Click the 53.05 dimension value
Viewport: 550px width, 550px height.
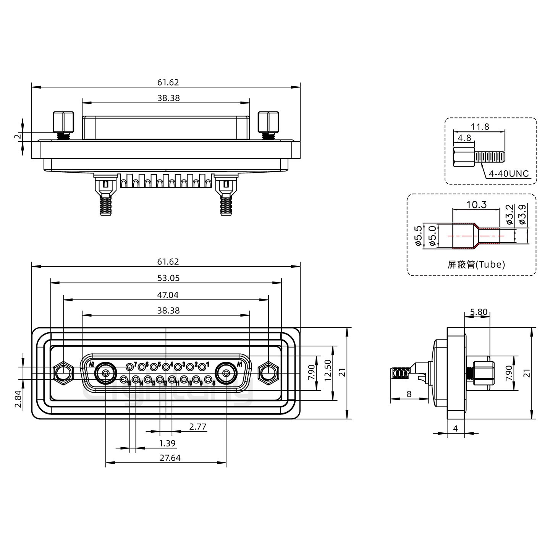[168, 278]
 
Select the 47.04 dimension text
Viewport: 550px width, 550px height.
[168, 295]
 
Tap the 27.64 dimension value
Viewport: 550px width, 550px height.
[170, 458]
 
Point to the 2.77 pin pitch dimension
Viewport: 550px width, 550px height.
[198, 427]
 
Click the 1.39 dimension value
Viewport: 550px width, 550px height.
[167, 443]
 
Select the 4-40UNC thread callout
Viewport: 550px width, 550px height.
[509, 174]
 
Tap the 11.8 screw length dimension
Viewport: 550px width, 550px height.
[480, 126]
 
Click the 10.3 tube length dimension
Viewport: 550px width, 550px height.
[476, 205]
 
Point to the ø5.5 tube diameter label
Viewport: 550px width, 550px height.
[418, 236]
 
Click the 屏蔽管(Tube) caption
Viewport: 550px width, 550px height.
[476, 264]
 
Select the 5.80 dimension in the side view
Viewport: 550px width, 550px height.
[479, 312]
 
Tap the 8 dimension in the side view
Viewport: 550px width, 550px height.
[409, 394]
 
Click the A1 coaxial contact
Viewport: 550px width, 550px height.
[226, 373]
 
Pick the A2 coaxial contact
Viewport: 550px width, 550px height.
[105, 373]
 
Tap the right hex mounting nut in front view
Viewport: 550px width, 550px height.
[268, 373]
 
